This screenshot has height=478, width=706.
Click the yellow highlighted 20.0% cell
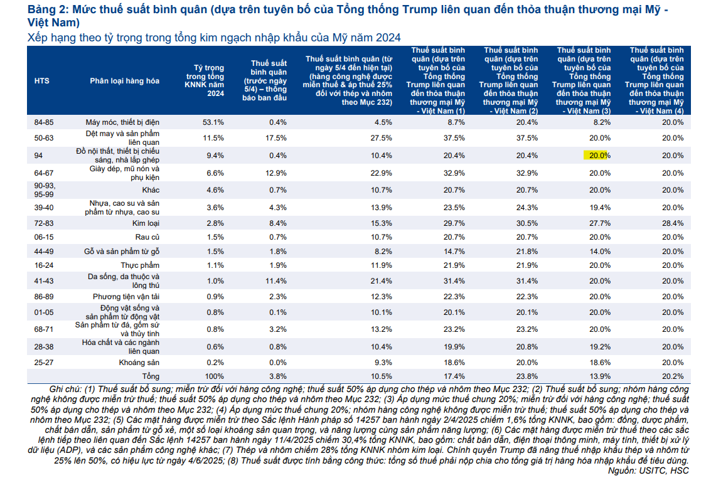[598, 156]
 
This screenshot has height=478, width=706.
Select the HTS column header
[42, 80]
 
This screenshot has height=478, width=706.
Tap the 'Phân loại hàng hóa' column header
[124, 80]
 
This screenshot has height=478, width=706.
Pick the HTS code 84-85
[43, 122]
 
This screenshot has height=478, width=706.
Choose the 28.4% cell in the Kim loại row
[672, 223]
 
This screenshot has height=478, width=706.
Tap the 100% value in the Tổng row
[215, 376]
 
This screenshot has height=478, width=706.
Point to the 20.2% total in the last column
[672, 376]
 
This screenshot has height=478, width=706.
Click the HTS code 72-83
[43, 223]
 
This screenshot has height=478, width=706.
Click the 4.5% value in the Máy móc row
[383, 122]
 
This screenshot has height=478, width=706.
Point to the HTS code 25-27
[43, 362]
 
